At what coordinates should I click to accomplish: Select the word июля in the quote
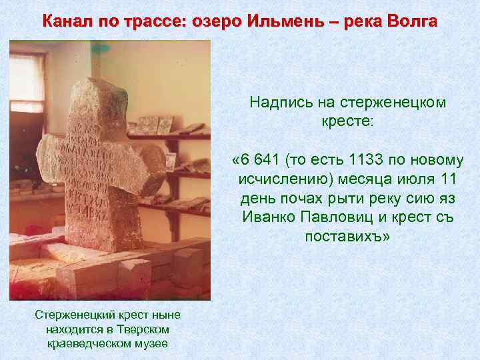406,180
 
